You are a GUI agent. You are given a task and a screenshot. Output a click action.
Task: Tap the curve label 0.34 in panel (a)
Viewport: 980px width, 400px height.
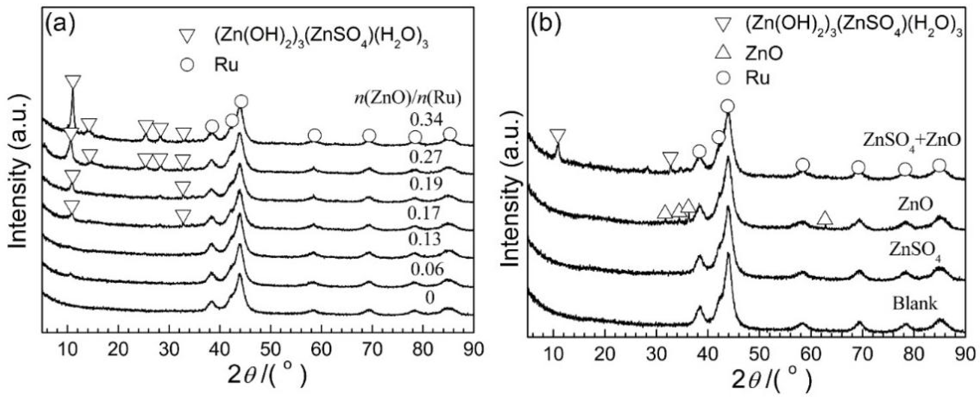[426, 120]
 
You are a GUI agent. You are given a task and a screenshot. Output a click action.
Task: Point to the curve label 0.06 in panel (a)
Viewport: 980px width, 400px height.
[427, 269]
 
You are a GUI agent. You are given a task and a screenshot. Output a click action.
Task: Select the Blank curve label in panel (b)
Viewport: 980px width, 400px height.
[915, 304]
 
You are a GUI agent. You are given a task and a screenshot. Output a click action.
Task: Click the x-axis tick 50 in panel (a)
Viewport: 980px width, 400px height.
[270, 349]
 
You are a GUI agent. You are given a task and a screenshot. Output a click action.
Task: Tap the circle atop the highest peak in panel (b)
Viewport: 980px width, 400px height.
[727, 107]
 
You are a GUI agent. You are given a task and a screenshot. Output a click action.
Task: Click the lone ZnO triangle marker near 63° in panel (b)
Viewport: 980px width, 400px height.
[825, 218]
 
